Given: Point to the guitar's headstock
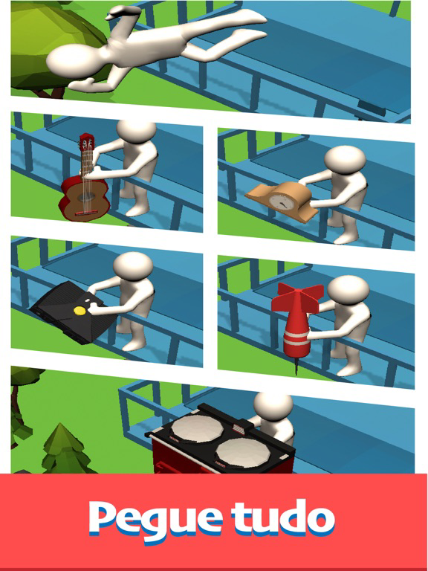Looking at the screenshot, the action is (86, 142).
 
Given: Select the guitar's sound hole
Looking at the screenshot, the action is (86, 197).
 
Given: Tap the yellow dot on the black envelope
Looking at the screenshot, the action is (80, 311).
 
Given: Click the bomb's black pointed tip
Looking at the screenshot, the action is (296, 368).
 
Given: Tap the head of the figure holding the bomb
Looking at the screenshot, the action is (348, 288).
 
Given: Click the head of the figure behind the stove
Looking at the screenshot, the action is (273, 406).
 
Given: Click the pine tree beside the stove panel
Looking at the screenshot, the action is (65, 450).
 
